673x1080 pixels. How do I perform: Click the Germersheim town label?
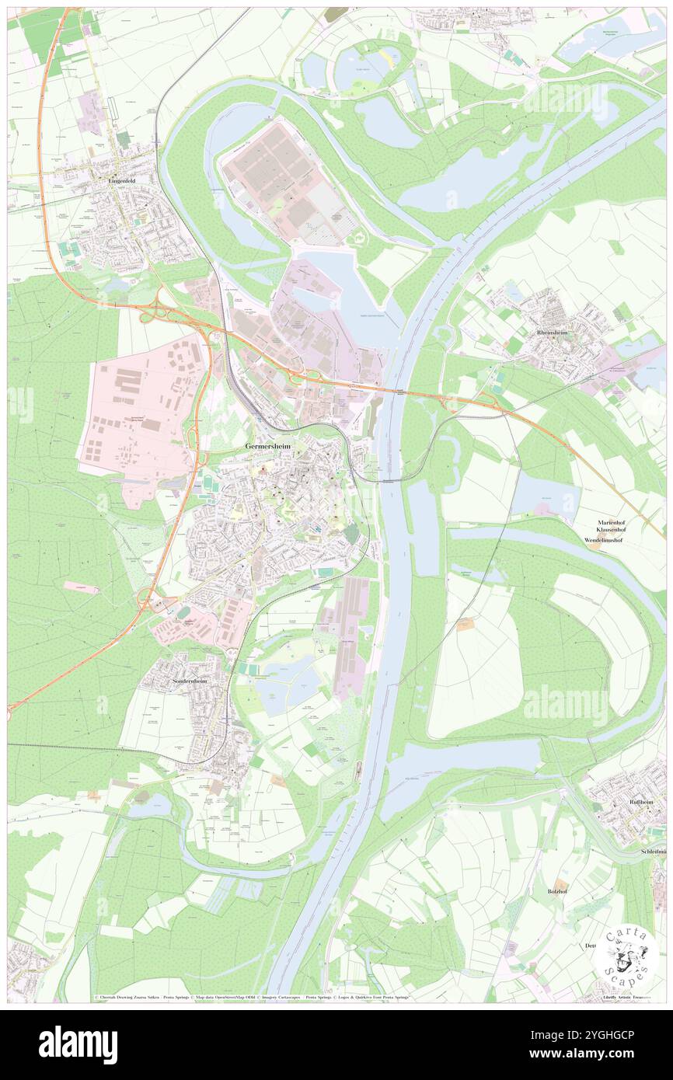point(269,447)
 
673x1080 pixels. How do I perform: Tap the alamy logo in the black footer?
point(78,1044)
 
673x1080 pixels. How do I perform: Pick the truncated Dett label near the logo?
point(590,946)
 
